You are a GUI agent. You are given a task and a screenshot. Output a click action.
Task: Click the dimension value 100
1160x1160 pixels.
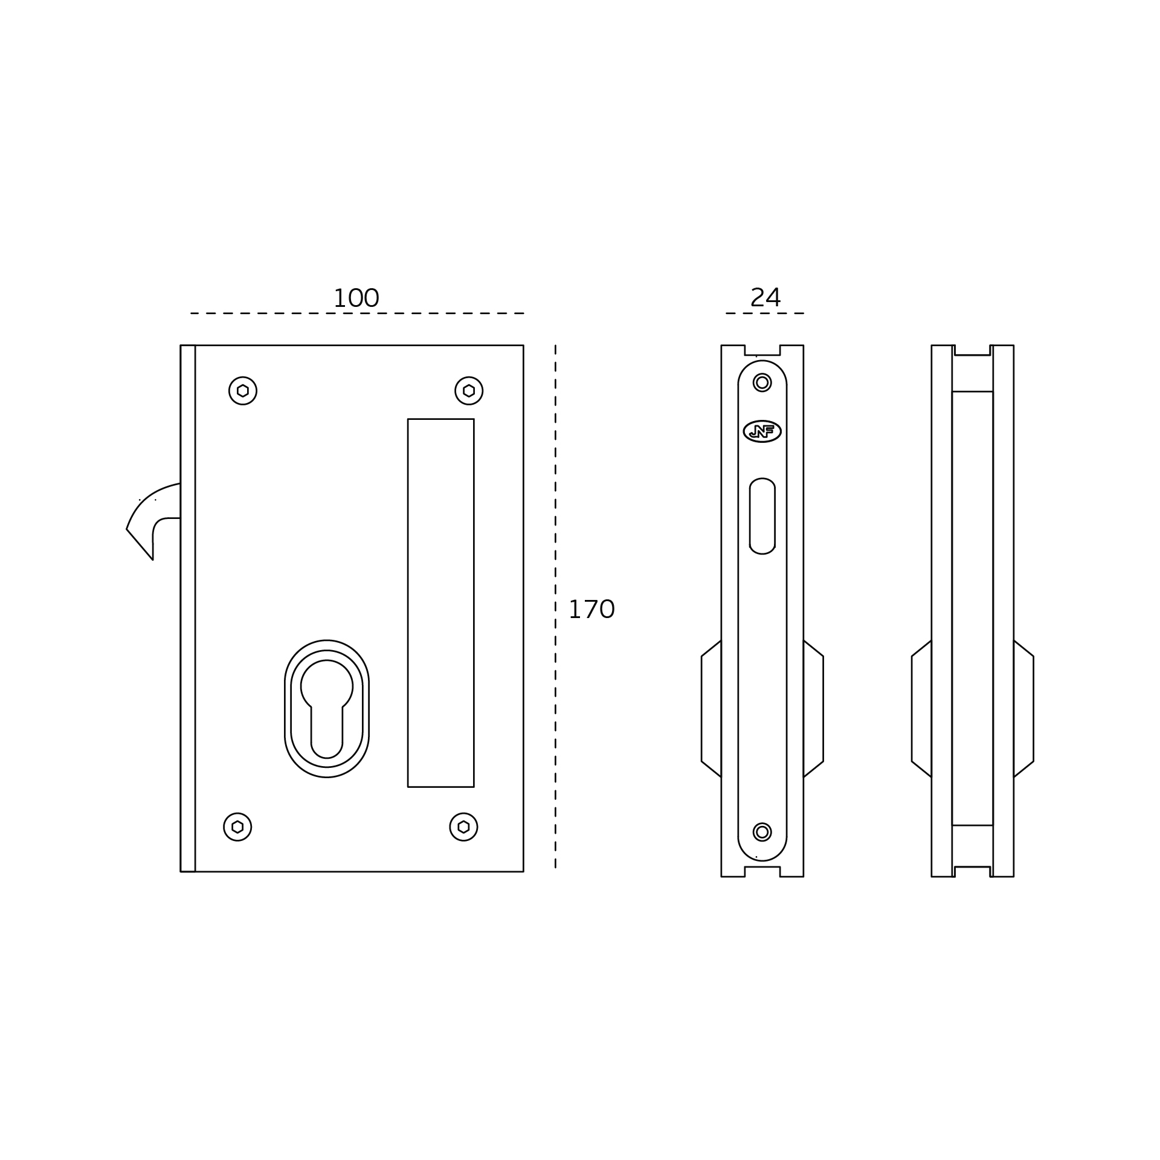point(356,298)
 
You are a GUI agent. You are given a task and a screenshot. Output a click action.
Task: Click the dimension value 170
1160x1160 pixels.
point(591,610)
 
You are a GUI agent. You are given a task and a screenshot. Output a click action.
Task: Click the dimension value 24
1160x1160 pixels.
point(765,297)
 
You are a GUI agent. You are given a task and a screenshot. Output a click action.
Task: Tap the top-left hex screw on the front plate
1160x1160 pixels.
point(243,391)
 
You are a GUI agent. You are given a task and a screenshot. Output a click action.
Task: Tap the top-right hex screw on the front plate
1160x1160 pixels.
point(469,391)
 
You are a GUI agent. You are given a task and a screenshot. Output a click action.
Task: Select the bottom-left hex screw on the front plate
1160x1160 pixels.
point(237,826)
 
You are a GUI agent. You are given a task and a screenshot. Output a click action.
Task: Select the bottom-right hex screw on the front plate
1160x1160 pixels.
point(463,826)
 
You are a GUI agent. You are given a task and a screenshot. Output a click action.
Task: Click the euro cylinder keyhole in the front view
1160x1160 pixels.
point(327,709)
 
